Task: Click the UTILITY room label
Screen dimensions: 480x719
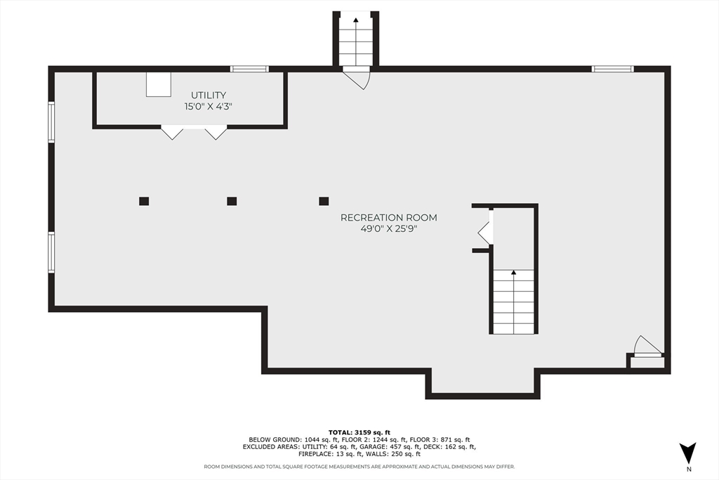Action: tap(209, 95)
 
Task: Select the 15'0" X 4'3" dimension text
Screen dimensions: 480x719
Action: tap(209, 107)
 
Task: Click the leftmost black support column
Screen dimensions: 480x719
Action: tap(144, 201)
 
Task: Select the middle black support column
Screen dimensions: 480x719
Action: tap(232, 201)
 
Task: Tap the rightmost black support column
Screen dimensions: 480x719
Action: tap(324, 201)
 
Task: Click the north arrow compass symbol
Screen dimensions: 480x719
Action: tap(688, 452)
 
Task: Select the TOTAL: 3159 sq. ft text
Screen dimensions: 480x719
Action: tap(359, 432)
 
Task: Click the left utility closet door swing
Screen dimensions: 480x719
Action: tap(172, 132)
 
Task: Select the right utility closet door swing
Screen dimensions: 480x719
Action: tap(216, 132)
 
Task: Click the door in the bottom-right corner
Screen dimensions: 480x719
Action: tap(647, 347)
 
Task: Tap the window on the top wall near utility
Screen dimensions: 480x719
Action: tap(250, 69)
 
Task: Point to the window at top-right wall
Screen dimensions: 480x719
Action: tap(612, 69)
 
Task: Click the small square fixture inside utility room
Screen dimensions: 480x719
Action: tap(158, 84)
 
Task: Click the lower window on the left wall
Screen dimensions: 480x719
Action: tap(51, 252)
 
